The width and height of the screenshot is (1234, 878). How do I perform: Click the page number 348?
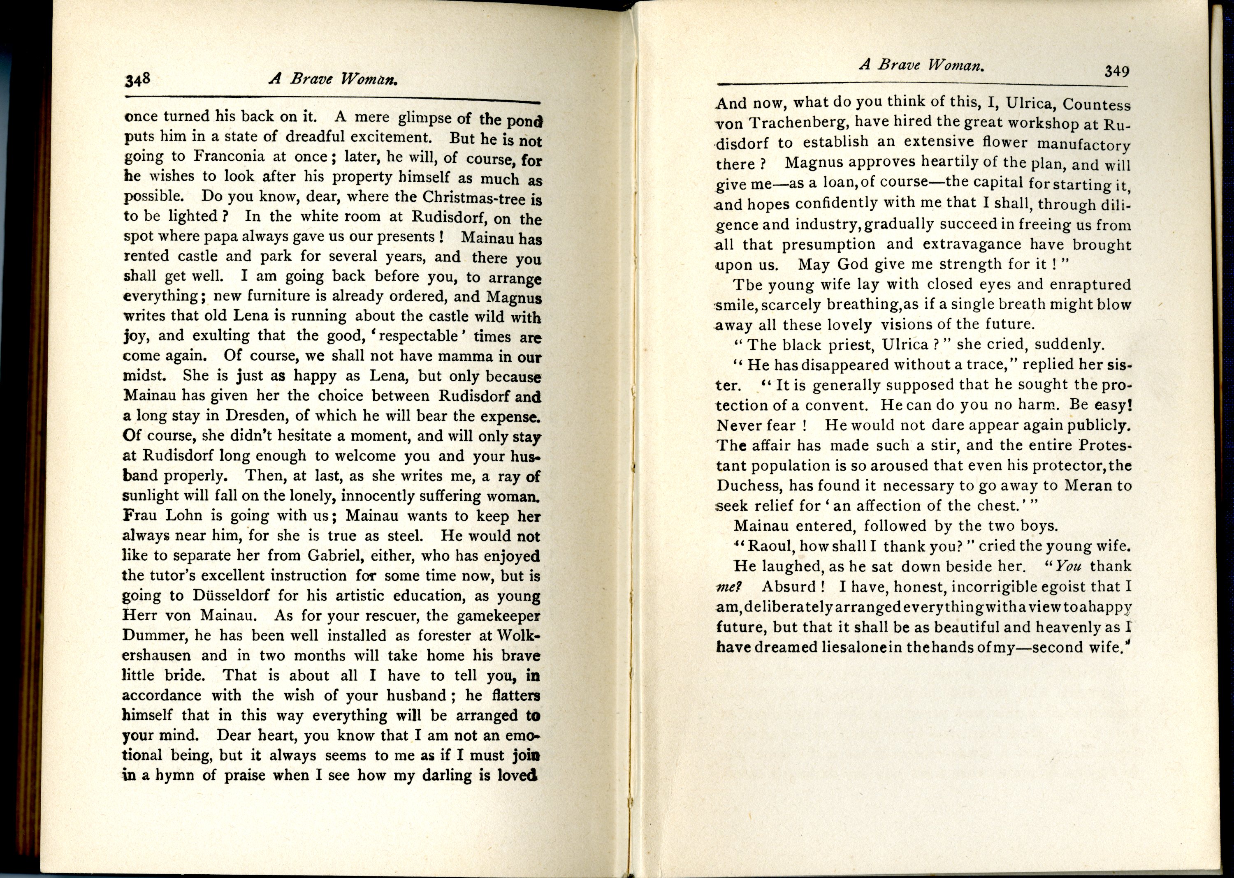(x=137, y=81)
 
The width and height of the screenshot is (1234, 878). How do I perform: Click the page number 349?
(x=1117, y=72)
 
